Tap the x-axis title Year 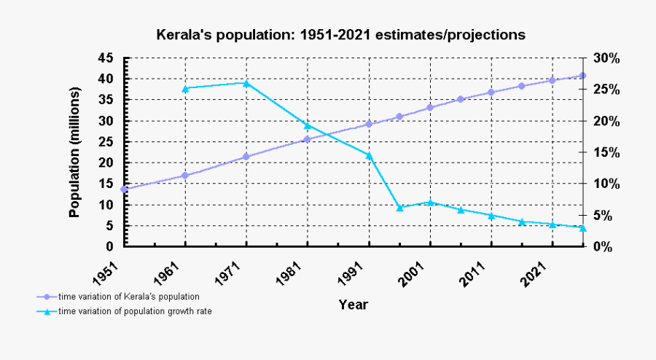(x=353, y=305)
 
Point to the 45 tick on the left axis (x=106, y=58)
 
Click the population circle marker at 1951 (x=124, y=189)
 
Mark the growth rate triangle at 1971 (x=246, y=83)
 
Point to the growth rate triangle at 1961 (x=185, y=89)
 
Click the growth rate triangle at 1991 (x=369, y=154)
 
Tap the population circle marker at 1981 (x=308, y=138)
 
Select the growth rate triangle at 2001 (x=430, y=202)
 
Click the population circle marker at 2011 (x=491, y=92)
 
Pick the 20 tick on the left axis (x=106, y=163)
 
